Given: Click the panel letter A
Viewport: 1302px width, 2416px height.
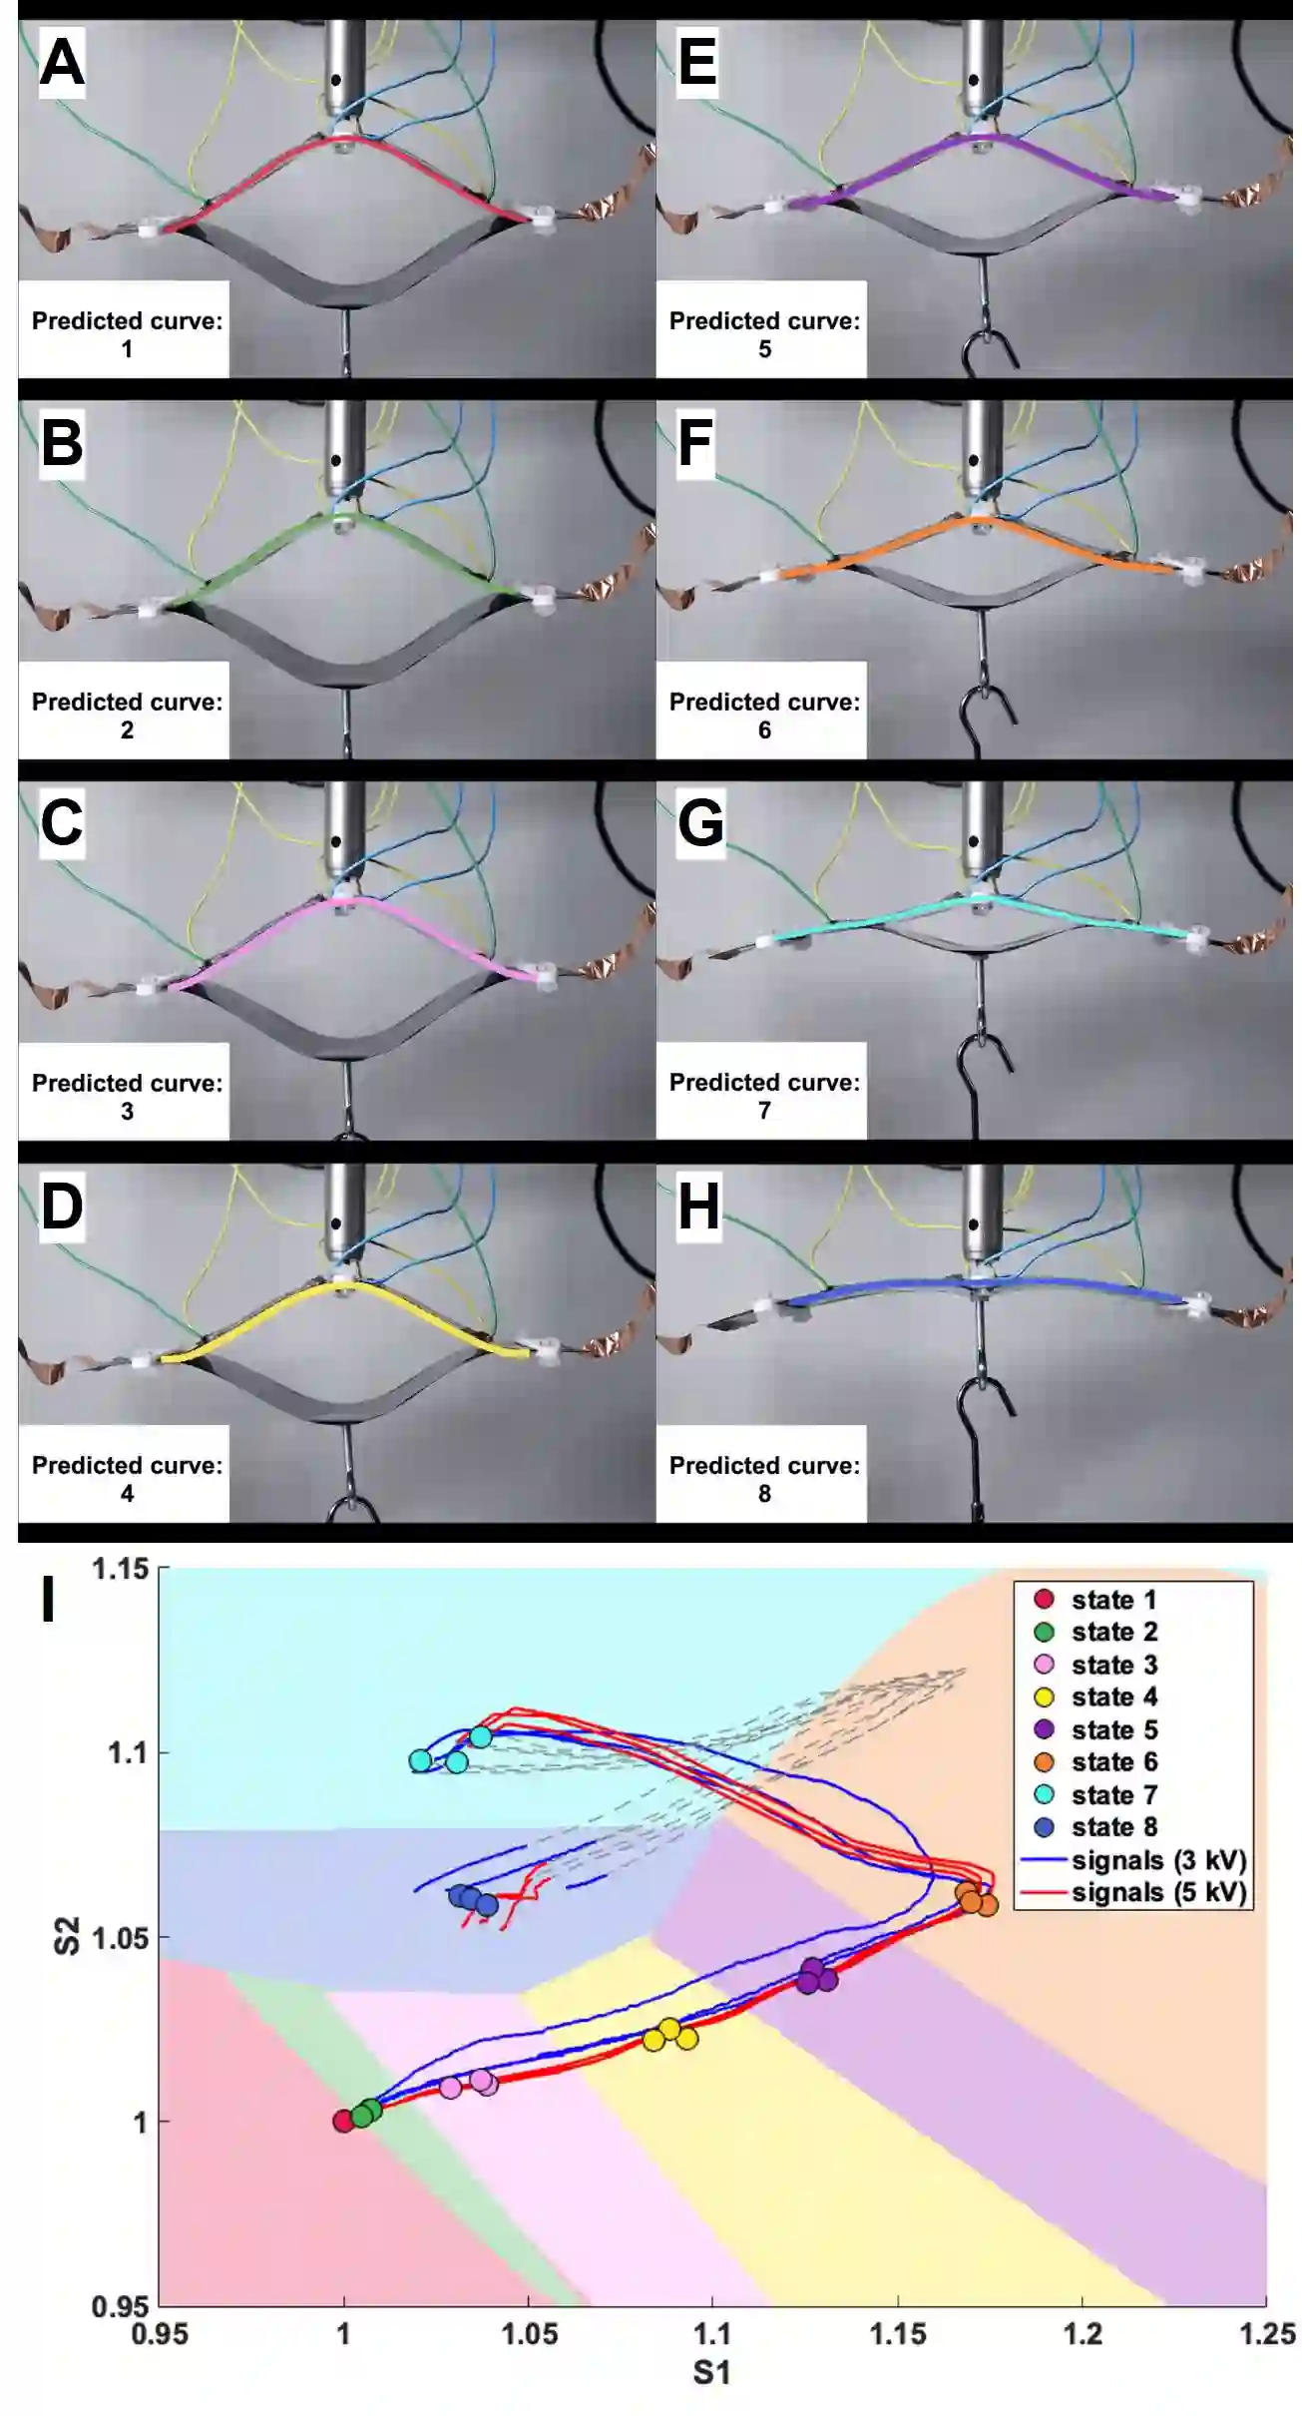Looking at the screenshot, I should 61,63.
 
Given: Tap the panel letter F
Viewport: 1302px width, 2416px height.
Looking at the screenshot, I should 695,443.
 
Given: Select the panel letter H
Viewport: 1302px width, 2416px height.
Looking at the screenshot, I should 698,1206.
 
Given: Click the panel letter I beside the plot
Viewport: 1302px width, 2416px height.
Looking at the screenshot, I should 47,1600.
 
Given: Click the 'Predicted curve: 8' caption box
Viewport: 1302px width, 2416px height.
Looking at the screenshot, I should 763,1478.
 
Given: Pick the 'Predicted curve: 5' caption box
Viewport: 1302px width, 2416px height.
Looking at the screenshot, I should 763,333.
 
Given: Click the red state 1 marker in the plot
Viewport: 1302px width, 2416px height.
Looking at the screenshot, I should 343,2121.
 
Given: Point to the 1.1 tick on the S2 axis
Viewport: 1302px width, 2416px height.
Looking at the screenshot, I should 127,1752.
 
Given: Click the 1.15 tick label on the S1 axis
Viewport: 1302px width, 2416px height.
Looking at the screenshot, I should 898,2333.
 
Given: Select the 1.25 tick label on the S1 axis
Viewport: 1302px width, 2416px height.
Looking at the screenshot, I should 1266,2333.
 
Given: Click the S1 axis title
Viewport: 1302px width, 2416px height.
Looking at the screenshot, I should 711,2373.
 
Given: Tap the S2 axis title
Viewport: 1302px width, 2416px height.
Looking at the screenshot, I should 66,1936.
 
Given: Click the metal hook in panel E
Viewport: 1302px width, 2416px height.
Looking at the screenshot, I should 987,346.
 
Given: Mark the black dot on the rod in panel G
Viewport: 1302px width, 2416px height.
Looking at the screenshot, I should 974,841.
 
